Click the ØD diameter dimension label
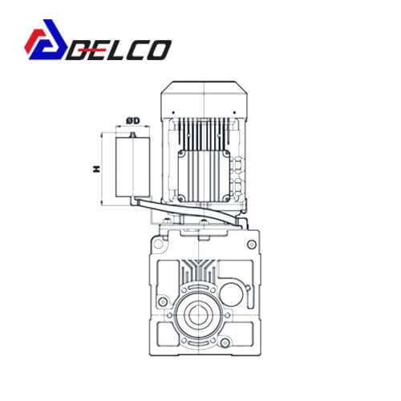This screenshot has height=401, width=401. pos(133,121)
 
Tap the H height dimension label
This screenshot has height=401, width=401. pos(96,168)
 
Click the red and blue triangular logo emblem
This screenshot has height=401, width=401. pos(46,39)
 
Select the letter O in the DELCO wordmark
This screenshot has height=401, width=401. pos(159,50)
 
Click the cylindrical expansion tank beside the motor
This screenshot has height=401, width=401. pos(133,167)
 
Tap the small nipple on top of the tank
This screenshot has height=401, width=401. pos(132,135)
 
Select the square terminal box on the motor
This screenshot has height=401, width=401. pos(204,176)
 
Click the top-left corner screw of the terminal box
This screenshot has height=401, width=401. pos(182,154)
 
